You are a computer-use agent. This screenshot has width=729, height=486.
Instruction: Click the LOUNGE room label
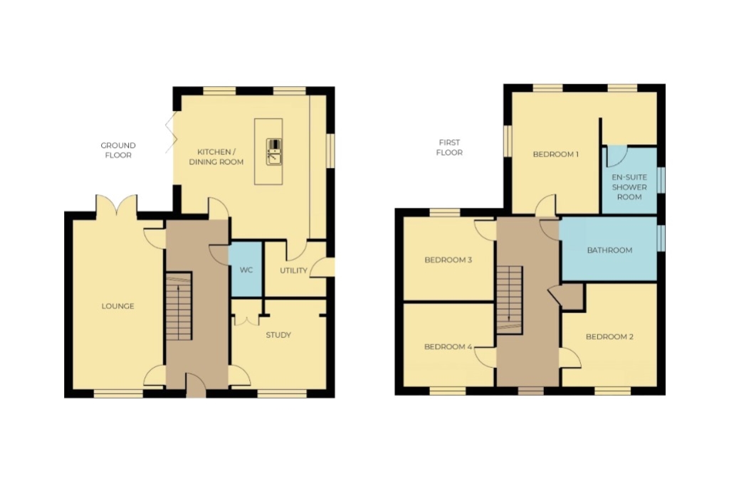[x=118, y=306]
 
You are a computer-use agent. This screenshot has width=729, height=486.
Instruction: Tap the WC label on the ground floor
[x=246, y=270]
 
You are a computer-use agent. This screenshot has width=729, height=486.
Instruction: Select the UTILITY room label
[x=293, y=270]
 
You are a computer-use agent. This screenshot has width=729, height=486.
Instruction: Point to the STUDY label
[x=278, y=335]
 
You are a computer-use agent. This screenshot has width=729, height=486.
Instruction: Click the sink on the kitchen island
[x=274, y=152]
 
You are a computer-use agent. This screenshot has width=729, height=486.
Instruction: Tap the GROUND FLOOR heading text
[x=118, y=150]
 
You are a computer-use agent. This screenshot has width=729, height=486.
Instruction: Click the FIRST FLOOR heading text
[x=449, y=147]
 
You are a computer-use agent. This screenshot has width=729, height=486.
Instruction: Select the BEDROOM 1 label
[x=555, y=154]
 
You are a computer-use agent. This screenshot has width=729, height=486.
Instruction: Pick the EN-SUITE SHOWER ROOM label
[x=629, y=186]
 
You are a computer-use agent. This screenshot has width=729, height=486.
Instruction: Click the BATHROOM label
[x=609, y=250]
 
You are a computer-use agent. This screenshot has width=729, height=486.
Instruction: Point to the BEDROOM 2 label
[x=609, y=337]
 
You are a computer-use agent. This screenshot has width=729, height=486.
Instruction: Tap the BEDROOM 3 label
[x=449, y=260]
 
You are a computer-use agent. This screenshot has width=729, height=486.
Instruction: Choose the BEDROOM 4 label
[x=449, y=347]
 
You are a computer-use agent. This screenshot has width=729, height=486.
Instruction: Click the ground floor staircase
[x=179, y=306]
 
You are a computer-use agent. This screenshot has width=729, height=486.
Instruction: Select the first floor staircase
[x=510, y=300]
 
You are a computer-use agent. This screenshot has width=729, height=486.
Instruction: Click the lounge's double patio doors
[x=117, y=205]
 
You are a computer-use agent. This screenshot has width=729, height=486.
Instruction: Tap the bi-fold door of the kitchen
[x=171, y=132]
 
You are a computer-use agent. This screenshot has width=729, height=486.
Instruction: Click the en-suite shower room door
[x=617, y=157]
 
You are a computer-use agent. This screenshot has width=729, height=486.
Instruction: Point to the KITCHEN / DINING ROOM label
[x=216, y=157]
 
